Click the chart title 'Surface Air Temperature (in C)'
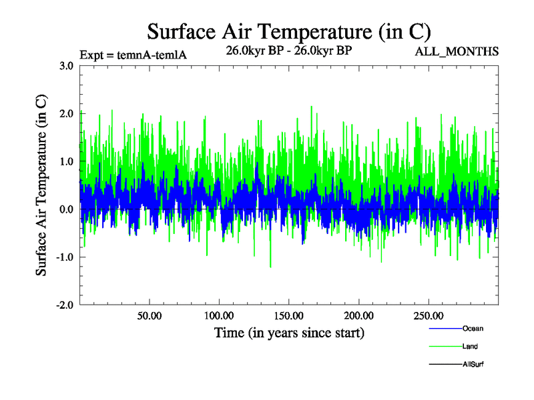click(x=288, y=31)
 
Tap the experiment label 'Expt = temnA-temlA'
click(x=133, y=54)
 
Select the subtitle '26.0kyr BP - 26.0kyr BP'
click(x=289, y=50)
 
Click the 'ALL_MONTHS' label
click(x=457, y=51)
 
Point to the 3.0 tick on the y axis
click(x=66, y=65)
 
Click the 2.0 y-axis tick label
click(x=66, y=113)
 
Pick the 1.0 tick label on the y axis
click(x=66, y=161)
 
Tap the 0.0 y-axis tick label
click(x=66, y=209)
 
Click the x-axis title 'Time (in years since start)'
click(x=289, y=332)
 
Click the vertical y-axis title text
click(x=41, y=185)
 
